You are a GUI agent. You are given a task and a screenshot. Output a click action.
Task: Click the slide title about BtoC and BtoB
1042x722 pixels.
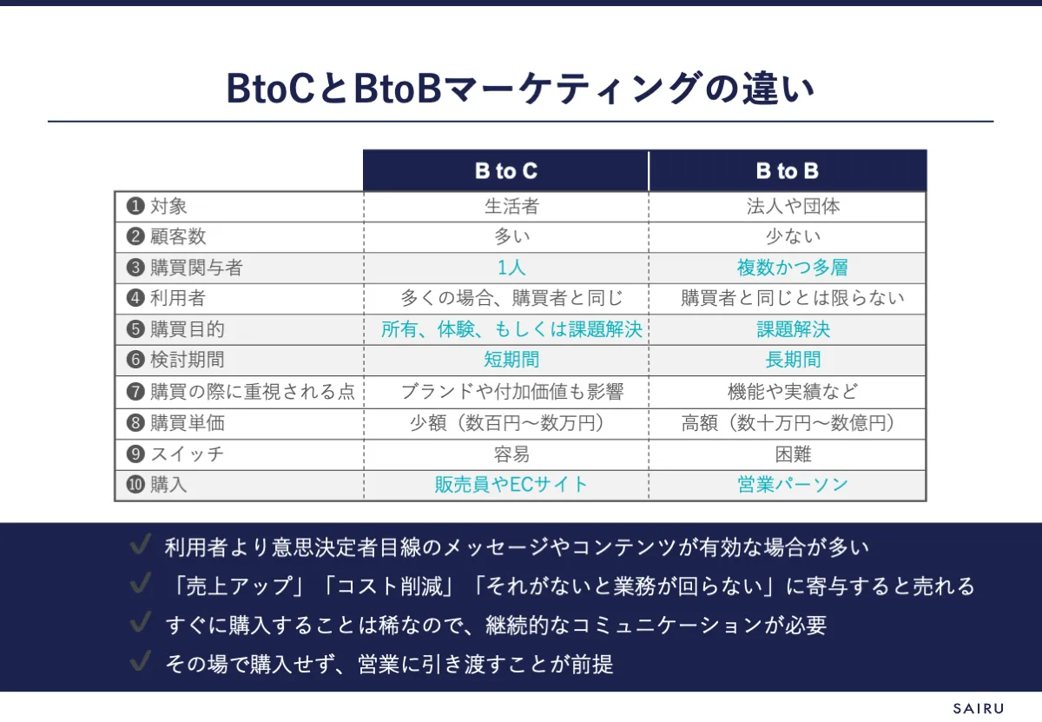(x=520, y=89)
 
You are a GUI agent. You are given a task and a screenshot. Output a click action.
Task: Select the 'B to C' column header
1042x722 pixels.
(x=506, y=171)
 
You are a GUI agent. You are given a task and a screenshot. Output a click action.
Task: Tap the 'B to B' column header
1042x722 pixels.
(x=787, y=171)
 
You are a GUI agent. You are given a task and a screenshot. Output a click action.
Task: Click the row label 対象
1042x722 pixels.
(x=168, y=206)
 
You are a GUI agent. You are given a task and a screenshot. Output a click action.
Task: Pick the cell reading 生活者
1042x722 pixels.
(x=511, y=206)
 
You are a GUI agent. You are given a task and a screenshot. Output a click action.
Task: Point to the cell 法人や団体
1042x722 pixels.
(x=793, y=206)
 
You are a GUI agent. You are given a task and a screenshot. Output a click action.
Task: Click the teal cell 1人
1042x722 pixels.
(x=511, y=268)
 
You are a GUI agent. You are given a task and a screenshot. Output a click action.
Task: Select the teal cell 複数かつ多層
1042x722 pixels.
(x=792, y=268)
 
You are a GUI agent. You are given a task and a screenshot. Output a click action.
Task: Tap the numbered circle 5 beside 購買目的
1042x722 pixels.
(x=135, y=329)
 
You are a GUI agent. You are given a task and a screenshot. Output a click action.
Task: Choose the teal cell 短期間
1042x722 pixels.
(x=511, y=360)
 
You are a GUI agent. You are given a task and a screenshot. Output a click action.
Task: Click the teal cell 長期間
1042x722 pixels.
(x=793, y=360)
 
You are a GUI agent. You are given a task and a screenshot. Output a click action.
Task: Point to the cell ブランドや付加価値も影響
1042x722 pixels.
(x=511, y=392)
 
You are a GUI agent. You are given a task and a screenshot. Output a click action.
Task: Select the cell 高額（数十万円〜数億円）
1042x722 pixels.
(x=788, y=423)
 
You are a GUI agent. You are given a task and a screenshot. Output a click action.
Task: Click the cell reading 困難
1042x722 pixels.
(x=793, y=454)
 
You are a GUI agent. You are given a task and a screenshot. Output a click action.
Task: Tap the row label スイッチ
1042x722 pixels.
(x=187, y=454)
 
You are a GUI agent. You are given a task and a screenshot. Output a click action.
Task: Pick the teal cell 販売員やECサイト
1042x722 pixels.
(x=511, y=485)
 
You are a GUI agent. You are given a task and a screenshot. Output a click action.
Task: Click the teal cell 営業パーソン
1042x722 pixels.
(x=793, y=485)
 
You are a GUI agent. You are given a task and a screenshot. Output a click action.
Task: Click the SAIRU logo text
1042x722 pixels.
(x=979, y=708)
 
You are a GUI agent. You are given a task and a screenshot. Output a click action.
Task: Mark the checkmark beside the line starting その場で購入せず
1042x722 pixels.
(x=141, y=660)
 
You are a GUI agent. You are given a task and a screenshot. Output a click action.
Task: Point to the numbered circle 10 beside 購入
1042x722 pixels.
(x=135, y=485)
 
